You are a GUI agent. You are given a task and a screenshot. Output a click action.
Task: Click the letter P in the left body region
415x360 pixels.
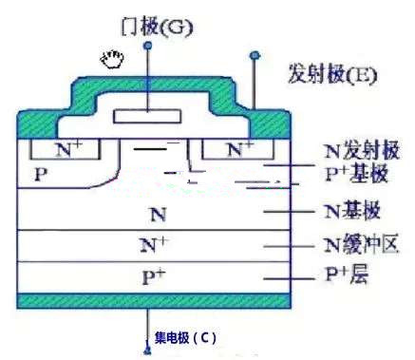[39, 176]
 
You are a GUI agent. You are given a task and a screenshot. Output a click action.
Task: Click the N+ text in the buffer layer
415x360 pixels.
[153, 246]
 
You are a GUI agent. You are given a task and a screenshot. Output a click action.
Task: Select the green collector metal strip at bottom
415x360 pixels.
[152, 301]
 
